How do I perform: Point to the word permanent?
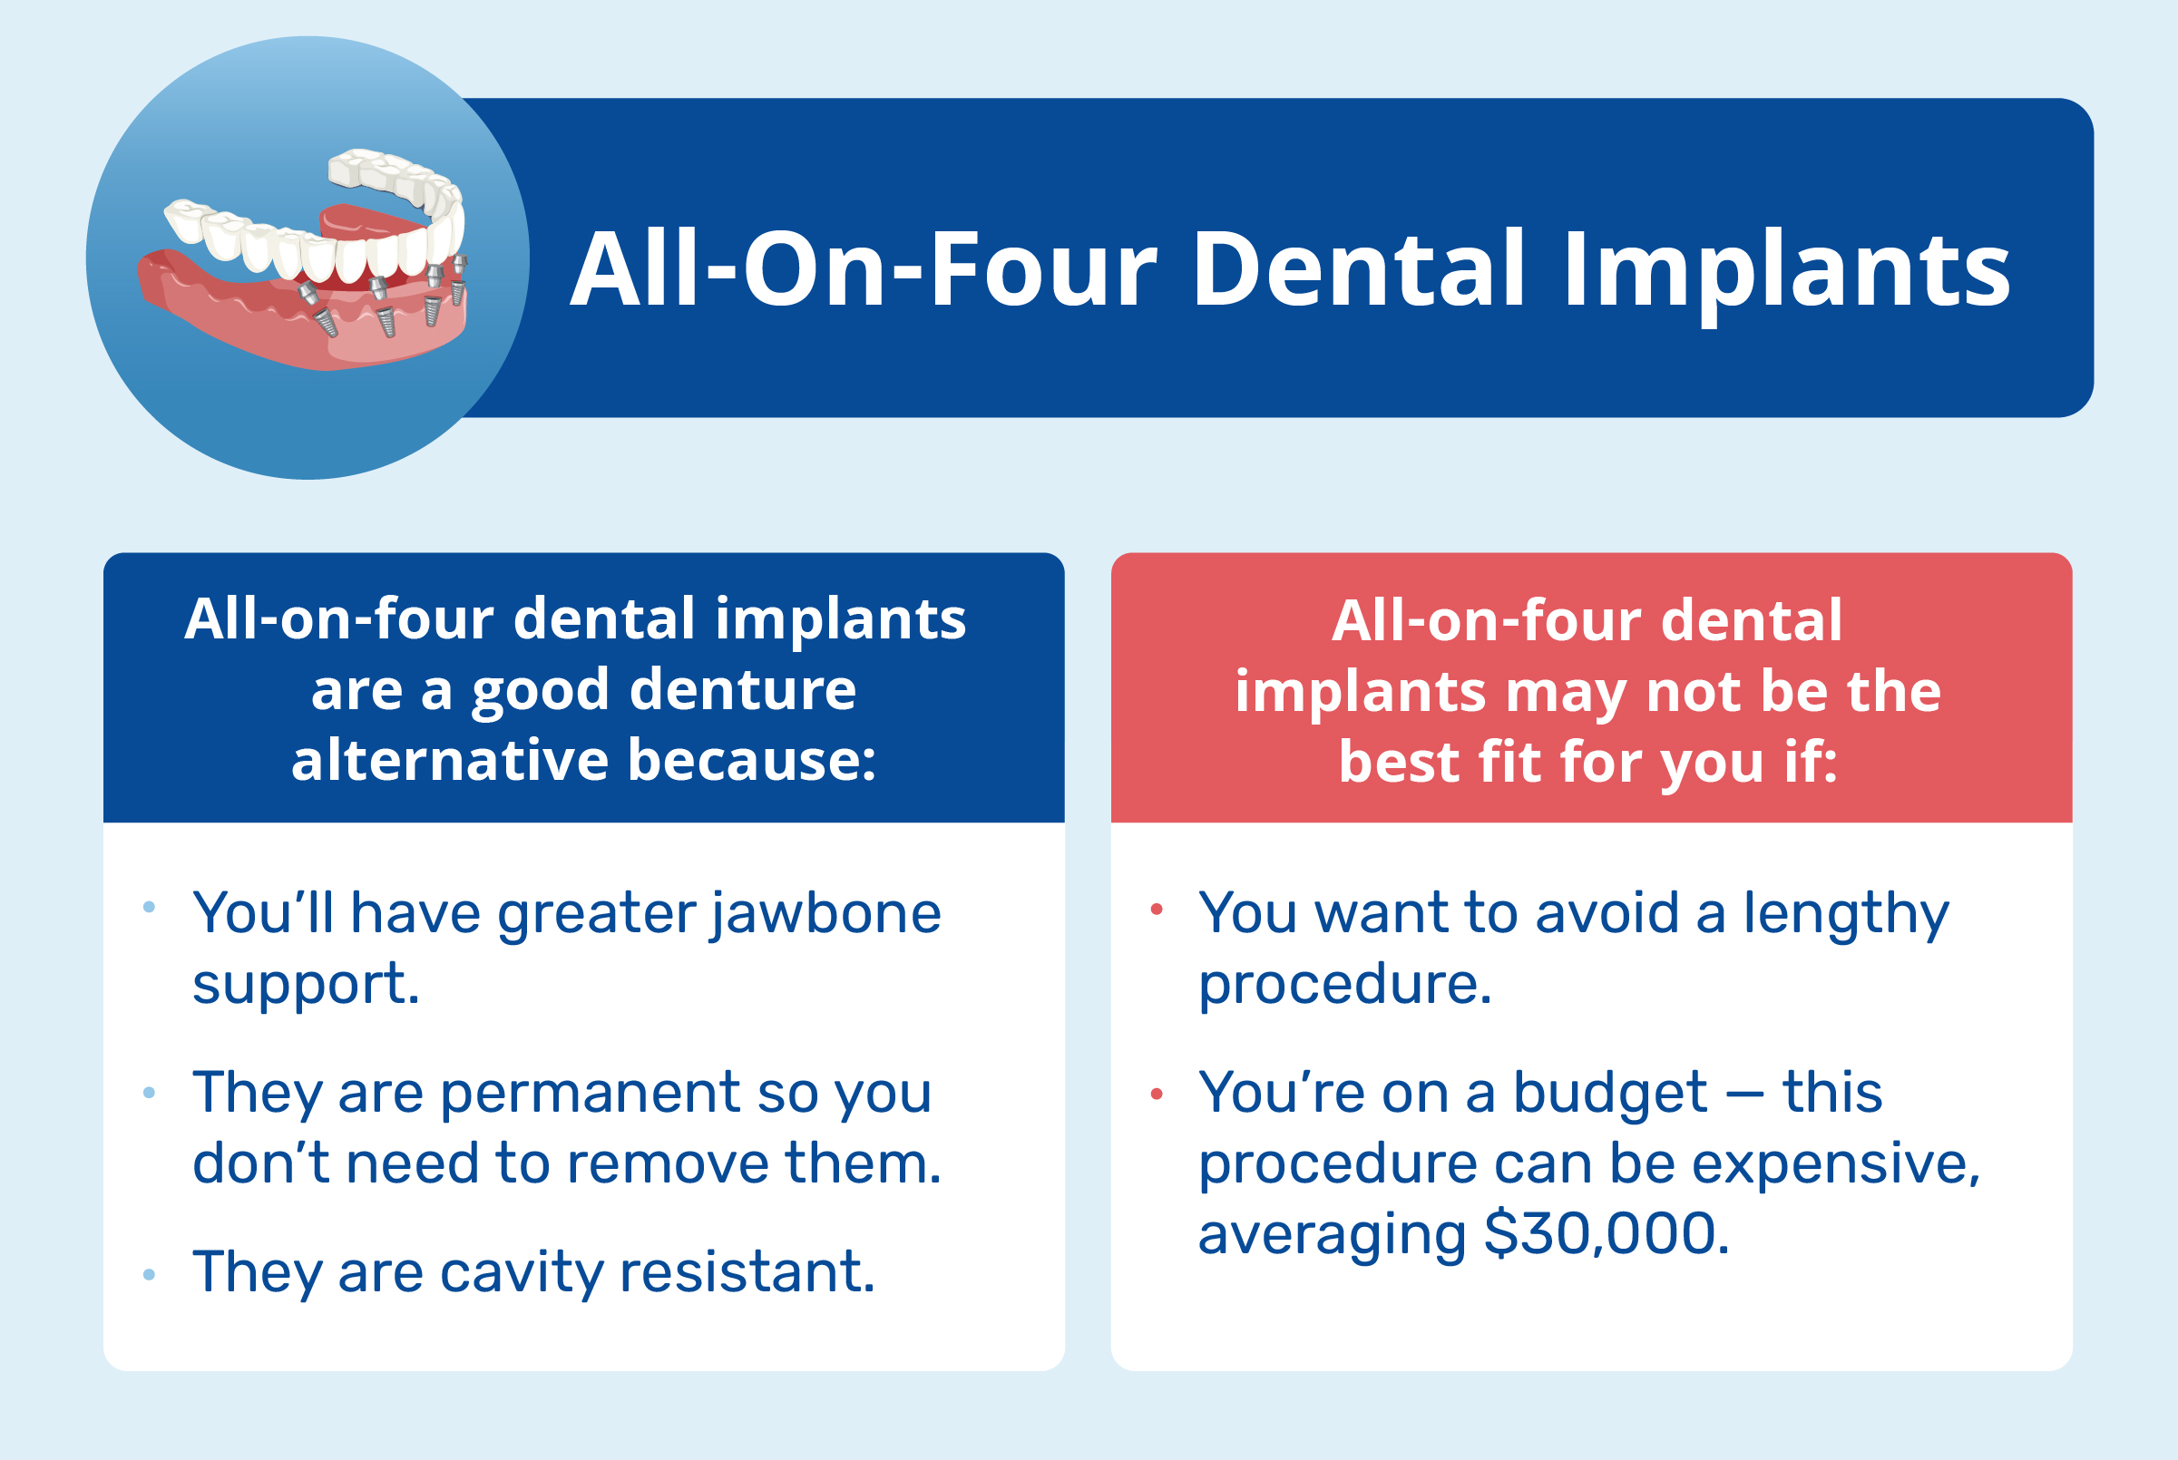point(590,1092)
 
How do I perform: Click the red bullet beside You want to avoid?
point(1157,910)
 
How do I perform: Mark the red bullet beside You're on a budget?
point(1157,1094)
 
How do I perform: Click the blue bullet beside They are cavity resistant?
point(149,1275)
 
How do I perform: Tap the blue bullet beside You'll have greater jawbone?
point(149,907)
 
